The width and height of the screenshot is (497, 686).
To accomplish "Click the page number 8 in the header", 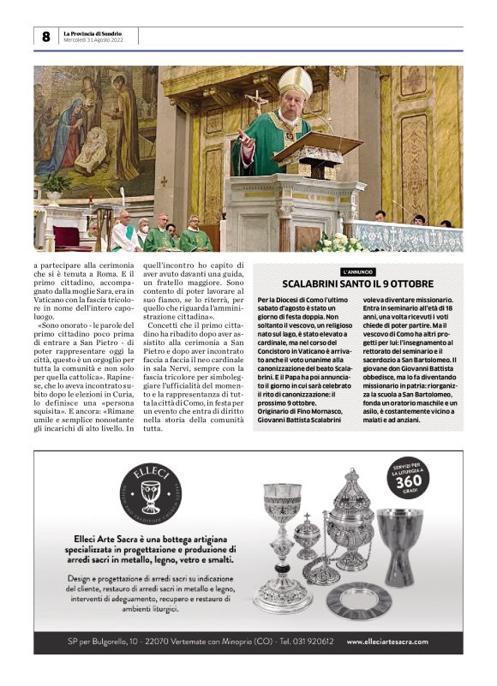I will (x=45, y=36).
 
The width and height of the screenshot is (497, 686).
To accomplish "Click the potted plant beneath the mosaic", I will (x=57, y=184).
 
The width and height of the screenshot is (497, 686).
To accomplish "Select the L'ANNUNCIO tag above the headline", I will (x=357, y=271).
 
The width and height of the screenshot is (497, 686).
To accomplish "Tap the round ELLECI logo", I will (x=151, y=494).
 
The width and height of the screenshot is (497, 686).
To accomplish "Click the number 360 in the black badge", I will (x=409, y=485).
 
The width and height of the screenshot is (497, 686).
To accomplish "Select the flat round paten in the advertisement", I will (x=359, y=600).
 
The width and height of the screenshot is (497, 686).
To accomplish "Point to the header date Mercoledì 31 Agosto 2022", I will (x=93, y=40).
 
